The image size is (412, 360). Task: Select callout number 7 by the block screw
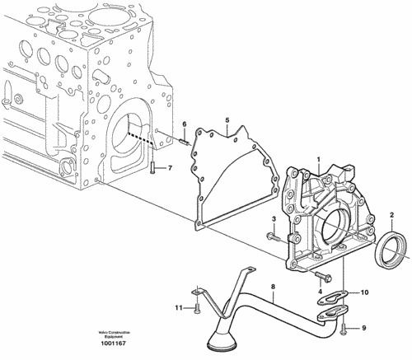[x=170, y=169]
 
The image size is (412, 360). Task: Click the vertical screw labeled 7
[x=154, y=169]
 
